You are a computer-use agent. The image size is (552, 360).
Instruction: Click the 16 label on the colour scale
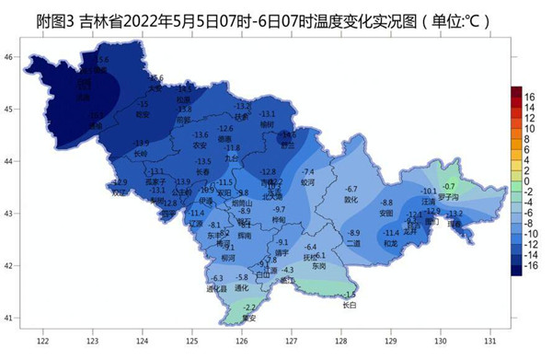coord(531,95)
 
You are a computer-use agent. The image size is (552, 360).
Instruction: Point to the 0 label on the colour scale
coord(531,181)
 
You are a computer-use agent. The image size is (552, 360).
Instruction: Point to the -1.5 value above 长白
coord(350,295)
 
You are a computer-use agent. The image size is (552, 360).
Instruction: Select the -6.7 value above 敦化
coord(351,189)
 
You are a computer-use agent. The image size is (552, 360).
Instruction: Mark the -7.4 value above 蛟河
coord(308,172)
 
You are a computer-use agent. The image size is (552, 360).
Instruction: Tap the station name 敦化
coord(351,199)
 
